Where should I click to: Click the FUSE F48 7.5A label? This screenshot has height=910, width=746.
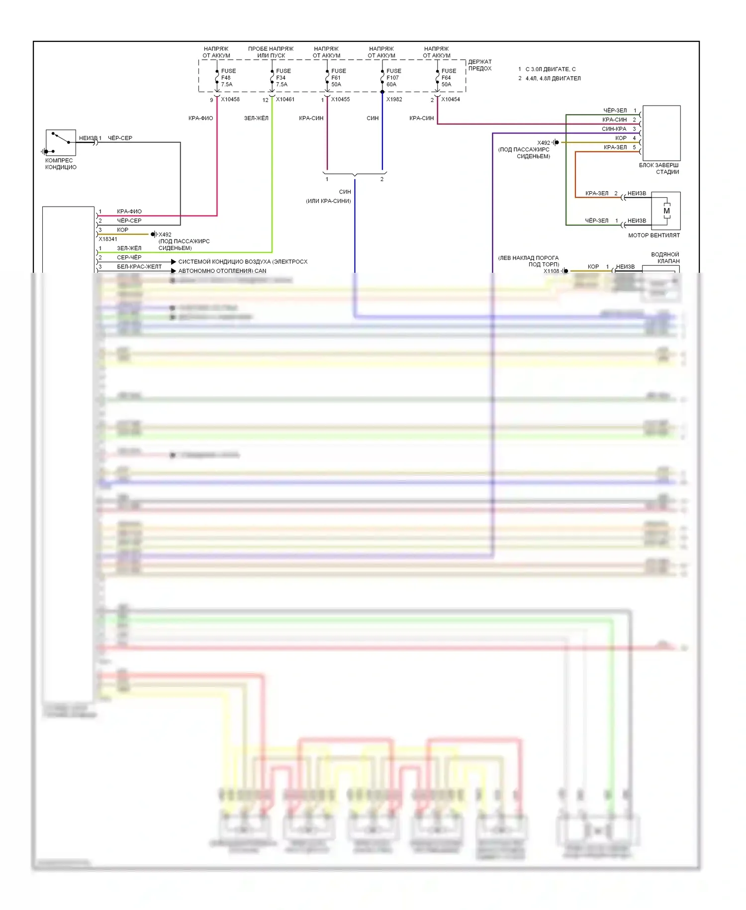[228, 78]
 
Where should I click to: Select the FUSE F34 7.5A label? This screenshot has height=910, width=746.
[283, 78]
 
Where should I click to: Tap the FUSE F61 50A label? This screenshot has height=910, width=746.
[338, 78]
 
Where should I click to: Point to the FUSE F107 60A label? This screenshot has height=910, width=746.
[393, 78]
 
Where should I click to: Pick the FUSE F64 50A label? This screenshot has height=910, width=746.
[448, 78]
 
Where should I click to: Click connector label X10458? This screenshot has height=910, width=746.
[230, 100]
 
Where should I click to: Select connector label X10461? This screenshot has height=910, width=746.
[285, 100]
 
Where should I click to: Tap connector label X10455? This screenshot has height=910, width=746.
[341, 100]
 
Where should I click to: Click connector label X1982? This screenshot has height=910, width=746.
[394, 100]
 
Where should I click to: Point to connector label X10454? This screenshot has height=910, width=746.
[451, 100]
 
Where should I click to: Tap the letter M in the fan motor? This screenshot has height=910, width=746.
[666, 211]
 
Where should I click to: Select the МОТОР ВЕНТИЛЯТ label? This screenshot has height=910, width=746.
[653, 235]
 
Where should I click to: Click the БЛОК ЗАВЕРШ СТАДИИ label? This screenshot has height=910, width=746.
[659, 169]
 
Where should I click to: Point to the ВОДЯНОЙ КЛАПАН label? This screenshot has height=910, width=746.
[665, 258]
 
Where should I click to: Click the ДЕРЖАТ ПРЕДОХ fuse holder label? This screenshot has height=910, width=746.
[480, 65]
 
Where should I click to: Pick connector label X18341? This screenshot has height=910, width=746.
[108, 239]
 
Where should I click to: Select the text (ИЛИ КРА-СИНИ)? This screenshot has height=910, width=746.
[328, 201]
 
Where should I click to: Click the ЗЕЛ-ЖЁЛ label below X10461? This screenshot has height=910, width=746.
[256, 118]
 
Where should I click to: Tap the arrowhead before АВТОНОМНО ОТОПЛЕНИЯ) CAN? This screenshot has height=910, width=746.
[174, 271]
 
